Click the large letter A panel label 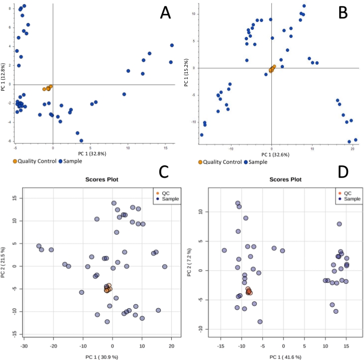[166, 13]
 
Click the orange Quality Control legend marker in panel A [15, 161]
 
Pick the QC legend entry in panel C [164, 192]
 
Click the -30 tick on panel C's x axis [23, 347]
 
